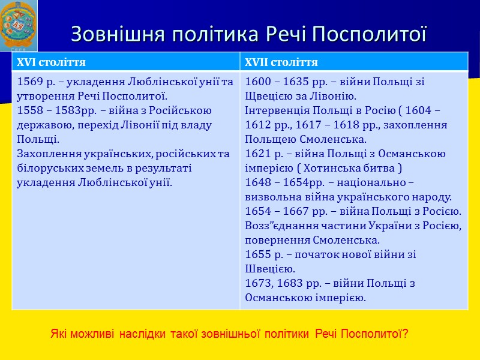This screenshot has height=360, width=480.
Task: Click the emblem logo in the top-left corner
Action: (19, 26)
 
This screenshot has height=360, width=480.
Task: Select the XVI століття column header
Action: (52, 62)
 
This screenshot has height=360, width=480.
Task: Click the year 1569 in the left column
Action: (31, 82)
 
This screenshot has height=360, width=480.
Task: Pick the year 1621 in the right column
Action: (258, 154)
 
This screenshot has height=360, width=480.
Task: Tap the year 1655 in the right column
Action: (258, 254)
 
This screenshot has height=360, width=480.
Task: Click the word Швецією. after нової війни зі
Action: (269, 269)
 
